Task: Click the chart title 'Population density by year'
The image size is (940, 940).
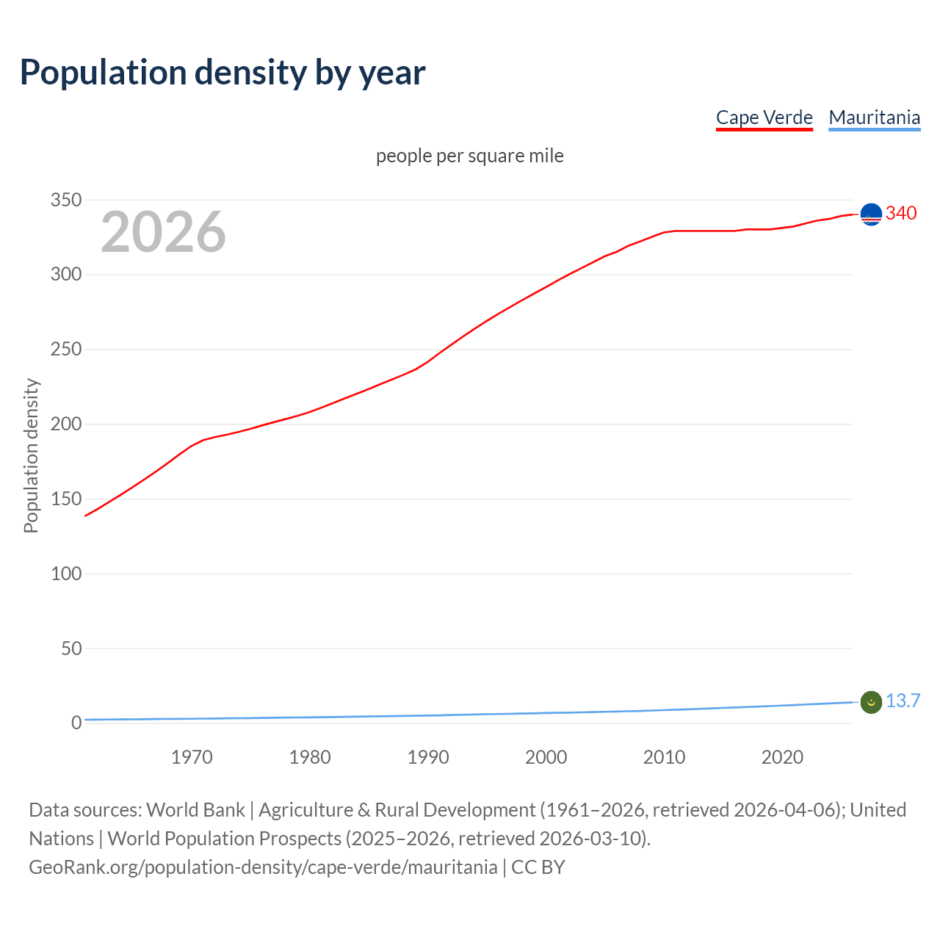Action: [x=223, y=73]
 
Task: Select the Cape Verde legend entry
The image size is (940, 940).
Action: [x=764, y=117]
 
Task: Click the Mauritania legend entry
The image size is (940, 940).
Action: [x=874, y=117]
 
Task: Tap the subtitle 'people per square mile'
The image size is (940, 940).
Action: [x=469, y=156]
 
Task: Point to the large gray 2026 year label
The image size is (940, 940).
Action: [x=163, y=232]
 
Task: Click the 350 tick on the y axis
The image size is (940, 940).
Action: [x=66, y=200]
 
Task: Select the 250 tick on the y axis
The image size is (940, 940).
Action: [x=66, y=350]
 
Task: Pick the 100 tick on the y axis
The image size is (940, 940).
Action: [x=66, y=574]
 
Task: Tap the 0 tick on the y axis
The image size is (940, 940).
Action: [x=76, y=723]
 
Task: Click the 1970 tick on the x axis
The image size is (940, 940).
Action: [x=192, y=757]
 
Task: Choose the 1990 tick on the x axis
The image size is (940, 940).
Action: [x=428, y=757]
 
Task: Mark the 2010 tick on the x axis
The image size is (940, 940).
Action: [x=664, y=757]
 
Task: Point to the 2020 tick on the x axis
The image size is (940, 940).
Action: [x=782, y=757]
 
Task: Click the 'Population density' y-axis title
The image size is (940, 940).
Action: [x=31, y=455]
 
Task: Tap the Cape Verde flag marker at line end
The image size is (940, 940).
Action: [x=871, y=214]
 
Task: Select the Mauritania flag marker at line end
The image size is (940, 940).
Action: [x=871, y=702]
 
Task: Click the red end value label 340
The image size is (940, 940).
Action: [x=901, y=213]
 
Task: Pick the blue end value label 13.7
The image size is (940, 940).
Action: [x=903, y=701]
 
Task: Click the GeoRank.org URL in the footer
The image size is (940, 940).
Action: [x=263, y=867]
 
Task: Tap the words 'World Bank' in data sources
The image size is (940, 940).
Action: [x=195, y=810]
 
